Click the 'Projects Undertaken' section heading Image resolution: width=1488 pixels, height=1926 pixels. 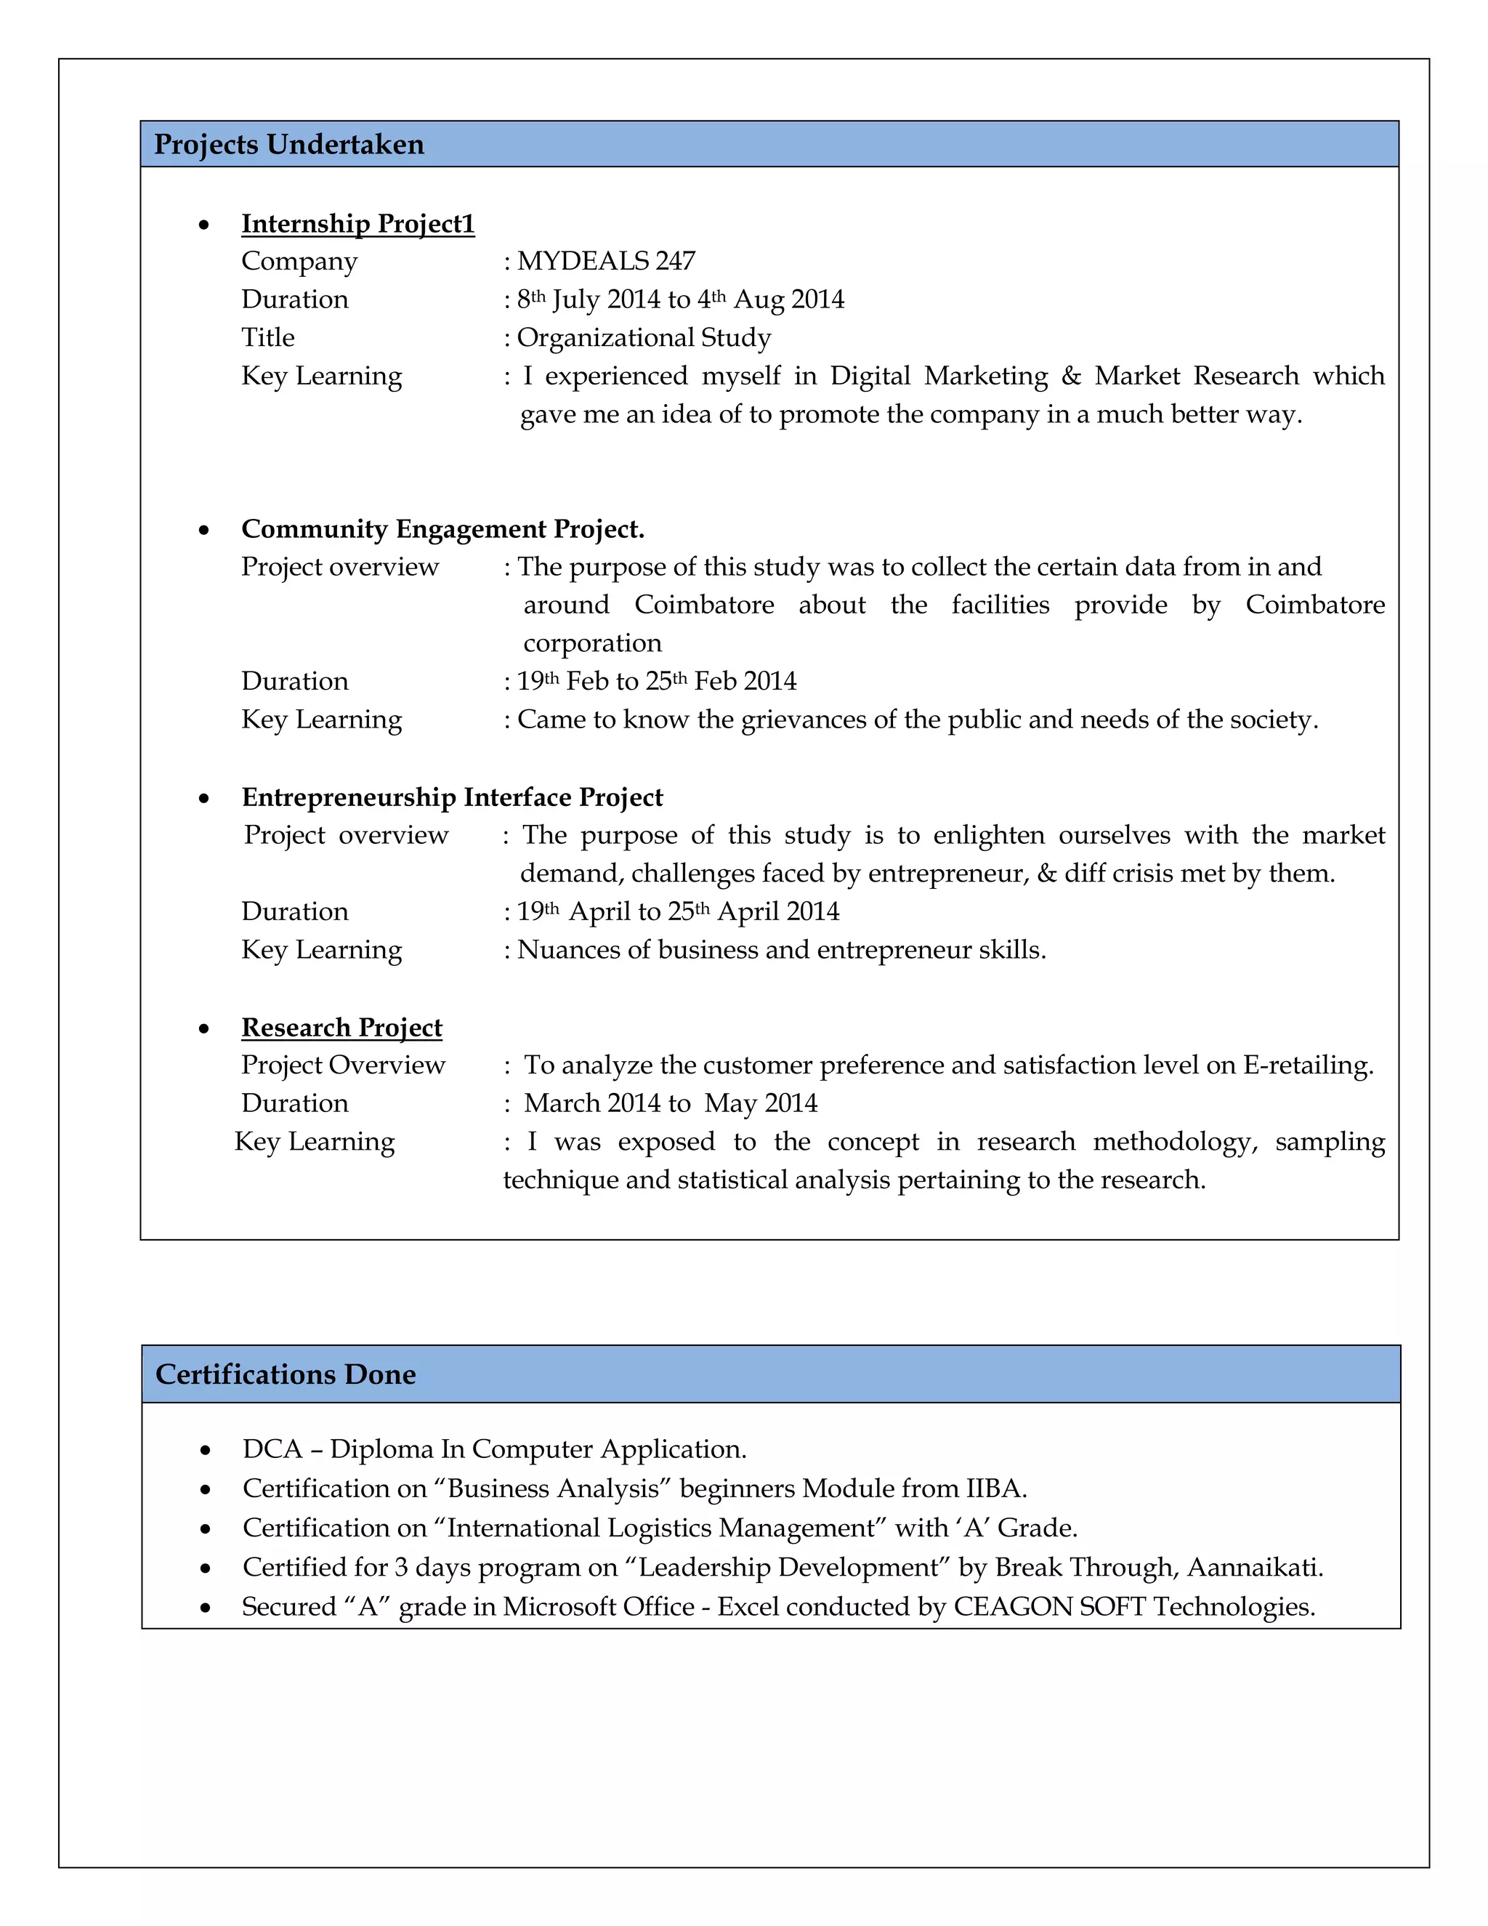288,144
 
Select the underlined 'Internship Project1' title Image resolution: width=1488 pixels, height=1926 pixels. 358,223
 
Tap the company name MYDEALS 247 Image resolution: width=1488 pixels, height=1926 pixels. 606,261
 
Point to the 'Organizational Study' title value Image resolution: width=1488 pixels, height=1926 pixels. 644,337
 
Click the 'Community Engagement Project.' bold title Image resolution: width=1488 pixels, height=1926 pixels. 442,528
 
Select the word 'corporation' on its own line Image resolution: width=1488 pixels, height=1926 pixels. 591,643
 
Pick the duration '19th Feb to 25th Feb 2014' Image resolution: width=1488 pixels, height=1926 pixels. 656,681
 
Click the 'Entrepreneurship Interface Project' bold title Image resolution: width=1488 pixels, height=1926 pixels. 451,797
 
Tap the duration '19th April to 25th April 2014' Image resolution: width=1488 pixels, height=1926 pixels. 677,911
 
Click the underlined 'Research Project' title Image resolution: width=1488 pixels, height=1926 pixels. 341,1028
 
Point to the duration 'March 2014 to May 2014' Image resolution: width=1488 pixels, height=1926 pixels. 670,1103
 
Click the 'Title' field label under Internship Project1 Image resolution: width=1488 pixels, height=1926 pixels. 268,337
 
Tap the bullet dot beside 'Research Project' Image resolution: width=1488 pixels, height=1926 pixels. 204,1029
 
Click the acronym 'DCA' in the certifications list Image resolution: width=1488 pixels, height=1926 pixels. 272,1449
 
